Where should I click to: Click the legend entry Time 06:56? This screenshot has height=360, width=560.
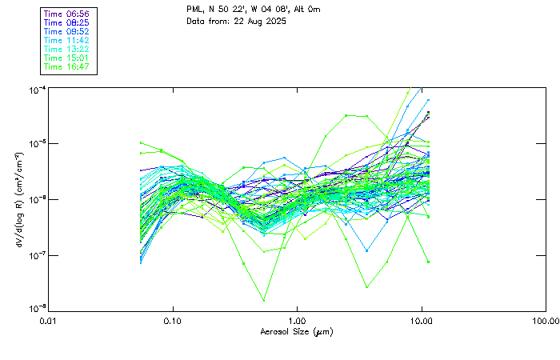[67, 14]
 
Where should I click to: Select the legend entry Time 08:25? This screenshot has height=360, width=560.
[67, 23]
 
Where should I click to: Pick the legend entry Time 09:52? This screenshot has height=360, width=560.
[67, 32]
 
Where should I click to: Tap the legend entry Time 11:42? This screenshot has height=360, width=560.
[67, 41]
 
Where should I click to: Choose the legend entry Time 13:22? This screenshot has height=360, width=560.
[67, 50]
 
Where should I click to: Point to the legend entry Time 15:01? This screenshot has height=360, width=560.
[67, 58]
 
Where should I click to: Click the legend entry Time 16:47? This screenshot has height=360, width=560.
[67, 67]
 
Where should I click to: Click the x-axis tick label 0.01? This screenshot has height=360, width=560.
[49, 320]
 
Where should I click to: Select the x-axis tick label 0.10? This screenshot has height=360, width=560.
[173, 320]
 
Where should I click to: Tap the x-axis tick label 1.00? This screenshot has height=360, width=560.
[298, 320]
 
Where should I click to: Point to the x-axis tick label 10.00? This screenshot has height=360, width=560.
[422, 320]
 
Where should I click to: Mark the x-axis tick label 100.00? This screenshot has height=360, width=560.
[546, 320]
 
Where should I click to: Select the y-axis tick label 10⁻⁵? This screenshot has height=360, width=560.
[36, 144]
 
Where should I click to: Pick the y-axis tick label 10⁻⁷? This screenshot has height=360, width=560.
[36, 255]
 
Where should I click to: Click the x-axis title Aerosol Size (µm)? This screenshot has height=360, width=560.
[297, 331]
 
